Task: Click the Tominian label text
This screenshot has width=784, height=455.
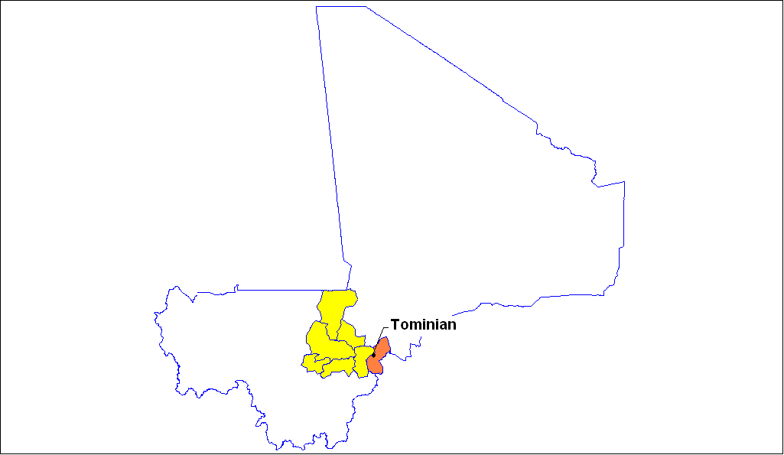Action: click(423, 324)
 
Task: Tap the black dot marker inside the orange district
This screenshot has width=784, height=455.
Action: click(373, 355)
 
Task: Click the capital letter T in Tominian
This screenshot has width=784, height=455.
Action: click(395, 324)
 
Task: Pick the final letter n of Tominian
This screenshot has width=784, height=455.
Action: click(452, 325)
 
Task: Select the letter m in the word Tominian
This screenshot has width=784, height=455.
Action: click(414, 325)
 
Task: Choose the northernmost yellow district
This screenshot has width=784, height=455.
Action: click(334, 306)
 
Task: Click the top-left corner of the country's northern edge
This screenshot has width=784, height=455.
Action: click(317, 7)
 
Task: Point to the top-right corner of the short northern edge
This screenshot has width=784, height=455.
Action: click(366, 7)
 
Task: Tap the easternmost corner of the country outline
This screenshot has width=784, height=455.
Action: click(625, 182)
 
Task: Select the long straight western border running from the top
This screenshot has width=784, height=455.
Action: click(330, 138)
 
